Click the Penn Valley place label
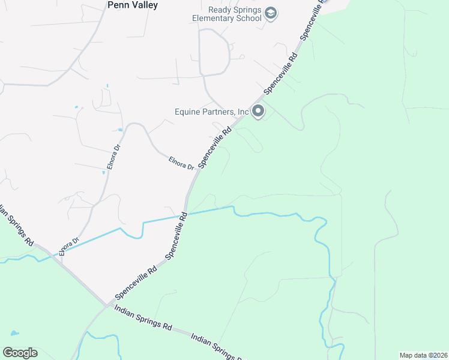tap(132, 5)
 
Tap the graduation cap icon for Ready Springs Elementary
tap(271, 13)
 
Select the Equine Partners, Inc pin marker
tap(258, 111)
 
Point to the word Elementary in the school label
tap(217, 18)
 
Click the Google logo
tap(20, 353)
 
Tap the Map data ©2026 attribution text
tap(423, 355)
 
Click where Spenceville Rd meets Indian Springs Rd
tap(107, 305)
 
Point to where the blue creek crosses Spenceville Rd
tap(185, 214)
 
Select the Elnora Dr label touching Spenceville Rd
tap(181, 163)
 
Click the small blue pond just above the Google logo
tap(13, 333)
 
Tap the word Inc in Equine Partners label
tap(242, 112)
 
